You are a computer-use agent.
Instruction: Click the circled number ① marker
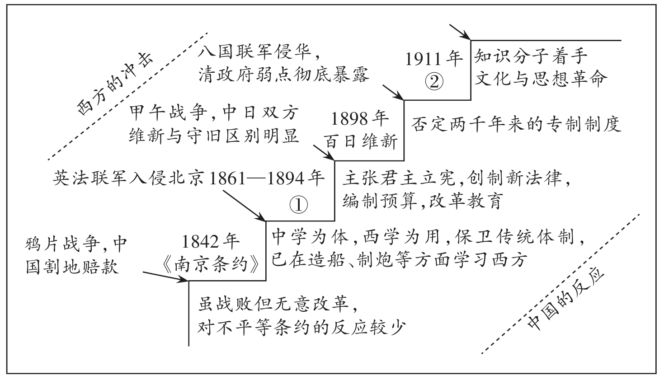point(298,206)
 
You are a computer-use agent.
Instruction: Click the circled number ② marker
point(434,82)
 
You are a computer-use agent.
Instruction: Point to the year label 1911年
point(434,59)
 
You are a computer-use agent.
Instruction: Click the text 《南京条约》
point(210,264)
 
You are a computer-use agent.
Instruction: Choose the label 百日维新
point(361,142)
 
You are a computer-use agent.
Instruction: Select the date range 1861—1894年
point(268,179)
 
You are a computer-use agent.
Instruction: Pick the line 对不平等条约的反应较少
point(300,327)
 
